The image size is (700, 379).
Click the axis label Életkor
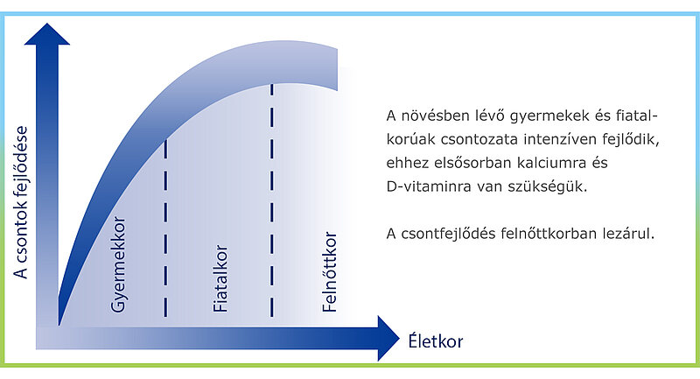point(435,341)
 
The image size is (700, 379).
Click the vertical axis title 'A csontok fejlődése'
point(21,202)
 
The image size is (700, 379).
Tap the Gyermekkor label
point(118,264)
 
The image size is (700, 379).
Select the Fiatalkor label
point(220,278)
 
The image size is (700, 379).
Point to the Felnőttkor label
point(330,271)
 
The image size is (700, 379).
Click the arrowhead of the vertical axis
point(47,34)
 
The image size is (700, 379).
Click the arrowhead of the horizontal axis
point(388,339)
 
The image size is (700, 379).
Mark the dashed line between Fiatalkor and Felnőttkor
point(272,200)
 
